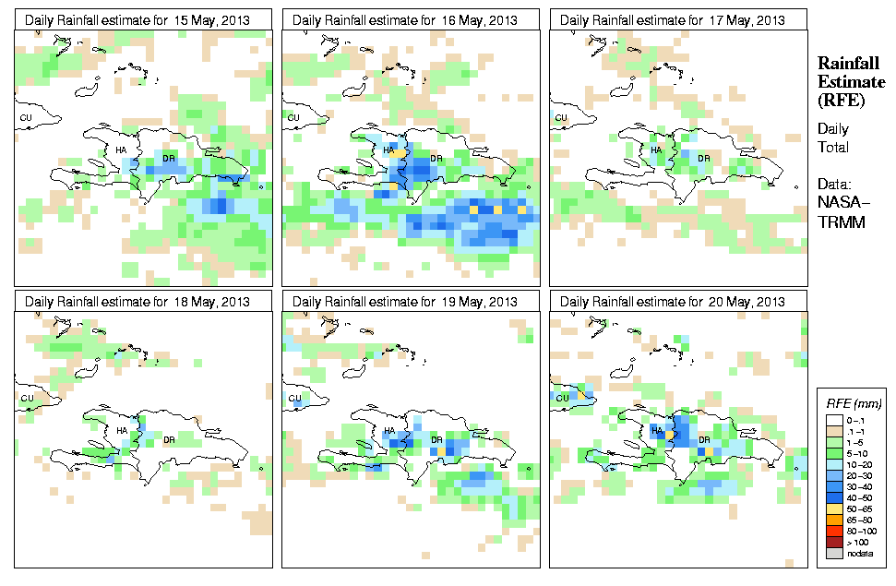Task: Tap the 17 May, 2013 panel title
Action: tap(673, 19)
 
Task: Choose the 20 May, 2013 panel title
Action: tap(673, 302)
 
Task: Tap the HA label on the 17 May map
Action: tap(656, 149)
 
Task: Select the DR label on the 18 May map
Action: tap(169, 439)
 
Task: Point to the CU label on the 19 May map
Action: tap(293, 399)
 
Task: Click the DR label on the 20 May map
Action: tap(704, 439)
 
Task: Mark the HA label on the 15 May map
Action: tap(121, 149)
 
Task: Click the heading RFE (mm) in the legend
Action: tap(853, 404)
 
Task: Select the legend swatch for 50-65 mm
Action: tap(831, 508)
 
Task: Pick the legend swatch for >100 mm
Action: tap(831, 542)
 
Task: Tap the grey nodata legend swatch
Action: tap(831, 553)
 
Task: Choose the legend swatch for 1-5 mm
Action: tap(831, 441)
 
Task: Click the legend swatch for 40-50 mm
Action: tap(831, 497)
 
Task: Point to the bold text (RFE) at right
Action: tap(842, 100)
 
